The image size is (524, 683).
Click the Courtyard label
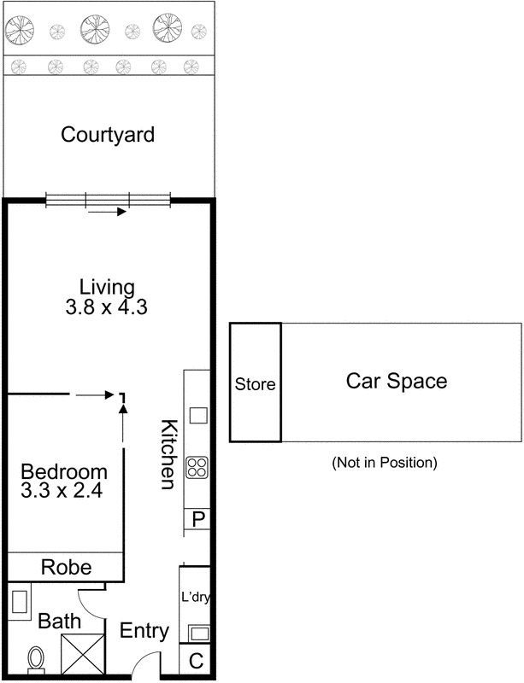[x=108, y=135]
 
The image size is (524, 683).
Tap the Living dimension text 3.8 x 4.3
[x=107, y=307]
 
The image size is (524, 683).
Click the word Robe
[x=67, y=566]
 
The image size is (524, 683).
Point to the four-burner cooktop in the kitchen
[x=198, y=467]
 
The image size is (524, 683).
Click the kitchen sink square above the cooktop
[x=198, y=416]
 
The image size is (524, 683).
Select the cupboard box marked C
[x=196, y=659]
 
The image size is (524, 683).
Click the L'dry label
[x=196, y=598]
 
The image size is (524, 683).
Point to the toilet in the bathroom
[x=36, y=658]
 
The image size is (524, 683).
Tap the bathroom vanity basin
[x=20, y=603]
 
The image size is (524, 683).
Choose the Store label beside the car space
[x=255, y=384]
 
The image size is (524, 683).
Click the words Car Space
[x=396, y=381]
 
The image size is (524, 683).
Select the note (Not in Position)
[x=384, y=463]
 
